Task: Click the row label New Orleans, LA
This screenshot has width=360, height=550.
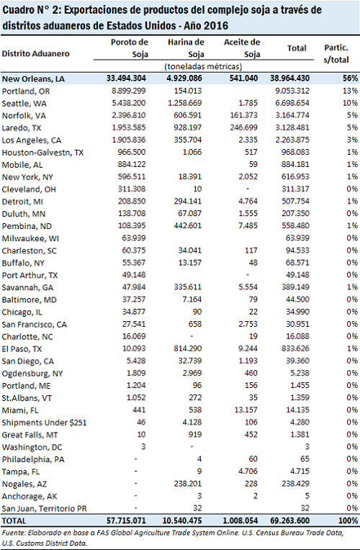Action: (33, 79)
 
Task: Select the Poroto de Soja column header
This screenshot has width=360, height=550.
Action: (130, 48)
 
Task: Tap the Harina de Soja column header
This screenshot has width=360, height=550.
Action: (186, 48)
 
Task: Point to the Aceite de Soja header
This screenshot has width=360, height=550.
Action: (242, 48)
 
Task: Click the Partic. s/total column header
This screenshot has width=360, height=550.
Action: (336, 54)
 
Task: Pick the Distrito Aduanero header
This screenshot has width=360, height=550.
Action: (36, 54)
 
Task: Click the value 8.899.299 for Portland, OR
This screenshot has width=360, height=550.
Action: (129, 91)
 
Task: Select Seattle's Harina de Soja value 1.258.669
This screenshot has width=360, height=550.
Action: (185, 103)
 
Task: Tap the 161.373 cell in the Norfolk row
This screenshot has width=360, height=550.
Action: (244, 115)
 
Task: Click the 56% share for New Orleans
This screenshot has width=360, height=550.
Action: (350, 78)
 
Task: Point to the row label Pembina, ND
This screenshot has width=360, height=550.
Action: (27, 226)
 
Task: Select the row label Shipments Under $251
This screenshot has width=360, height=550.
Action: (44, 423)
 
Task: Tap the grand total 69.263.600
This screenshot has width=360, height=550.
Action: (289, 520)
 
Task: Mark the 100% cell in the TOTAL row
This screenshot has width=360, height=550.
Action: (348, 520)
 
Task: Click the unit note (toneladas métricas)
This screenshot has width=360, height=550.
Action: (204, 67)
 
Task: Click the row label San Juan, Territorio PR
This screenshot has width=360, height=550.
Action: (44, 509)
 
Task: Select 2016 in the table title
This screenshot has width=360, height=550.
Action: (216, 26)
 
